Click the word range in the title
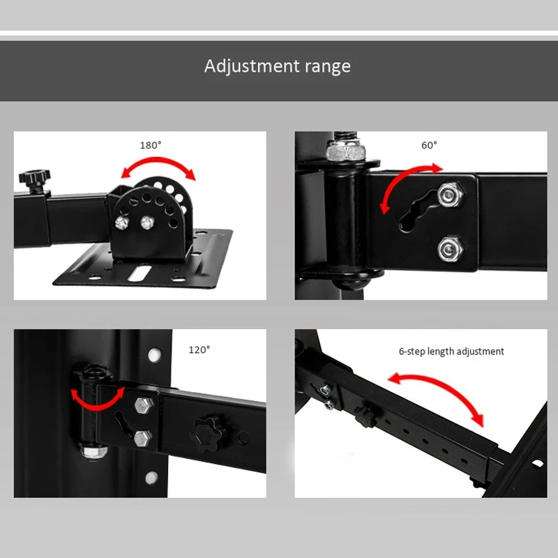coord(328,68)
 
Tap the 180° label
coord(150,146)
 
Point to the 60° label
coord(429,146)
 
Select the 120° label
coord(199,350)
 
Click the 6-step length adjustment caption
coord(451,352)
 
